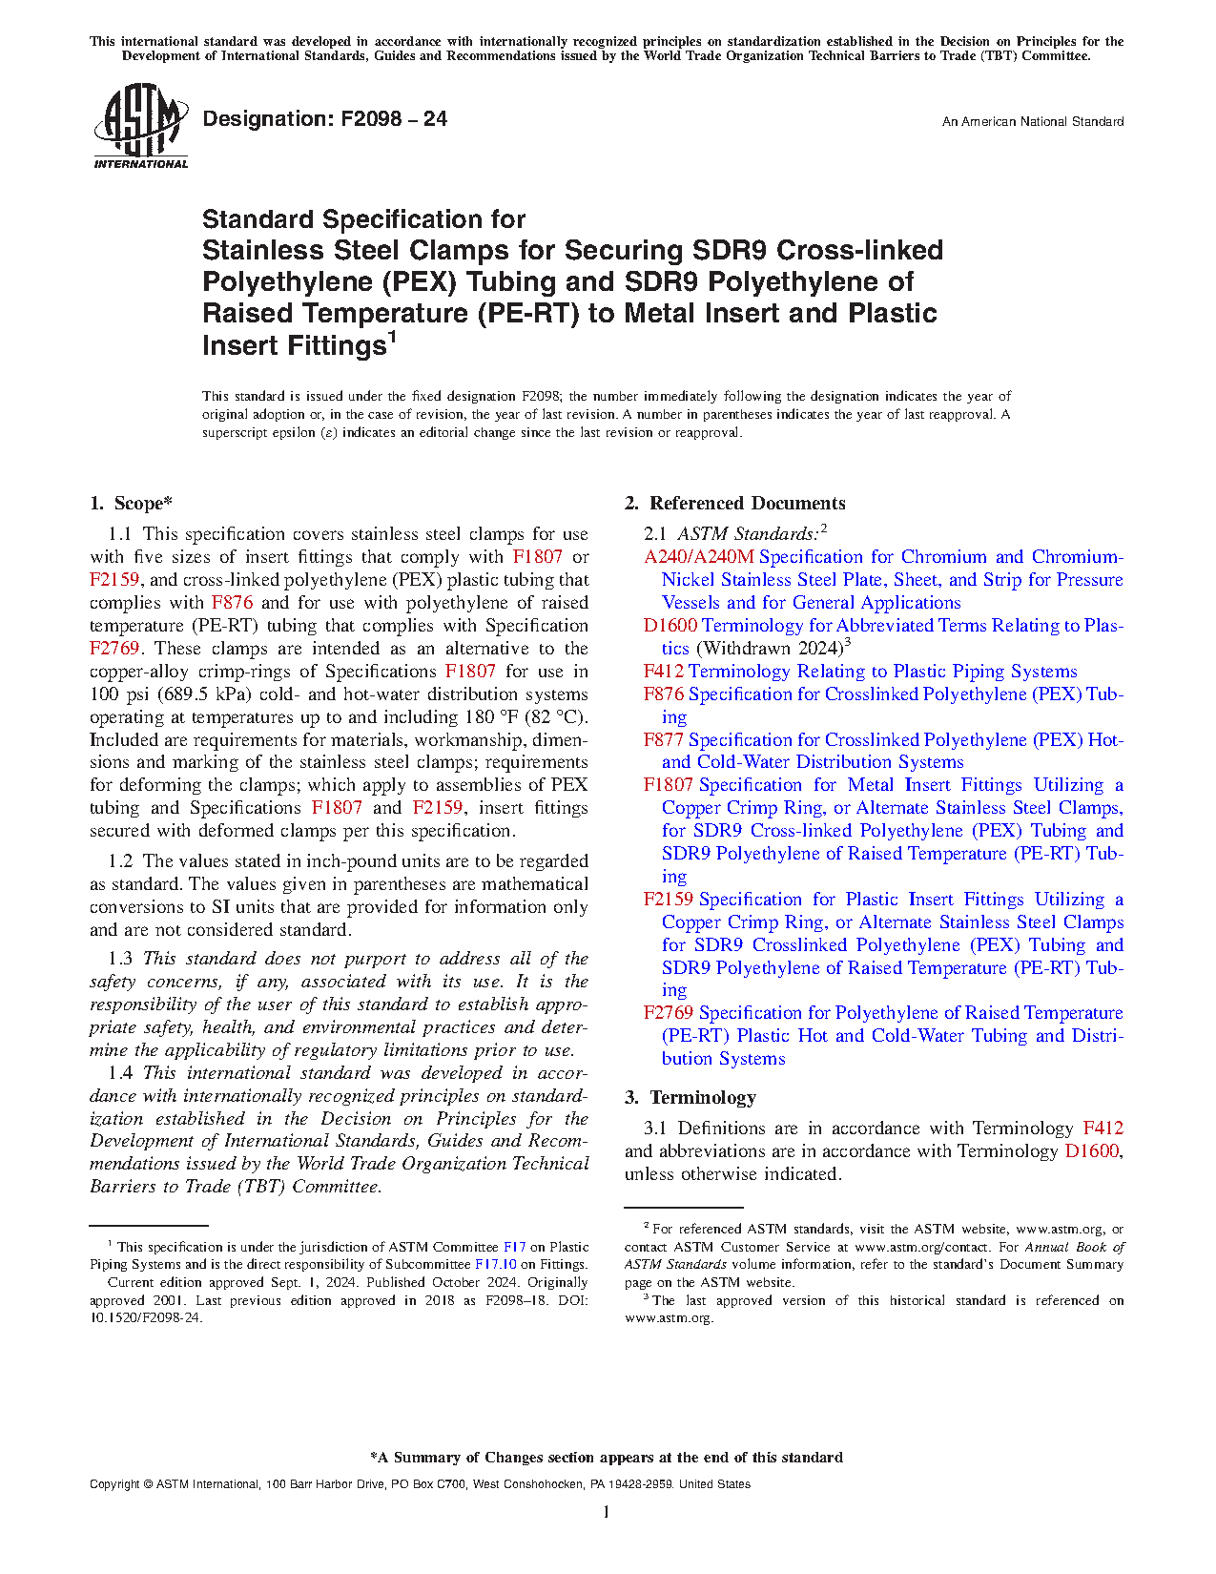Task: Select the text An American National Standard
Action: tap(1032, 122)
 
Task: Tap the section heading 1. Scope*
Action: tap(131, 504)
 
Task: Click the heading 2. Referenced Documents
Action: tap(734, 504)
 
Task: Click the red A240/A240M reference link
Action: tap(698, 557)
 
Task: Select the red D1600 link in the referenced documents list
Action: tap(670, 626)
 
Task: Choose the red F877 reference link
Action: tap(664, 740)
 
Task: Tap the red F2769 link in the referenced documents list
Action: tap(669, 1013)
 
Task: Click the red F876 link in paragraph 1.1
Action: tap(232, 603)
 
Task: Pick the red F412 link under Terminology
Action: tap(1103, 1129)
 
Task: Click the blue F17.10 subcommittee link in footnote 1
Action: tap(495, 1265)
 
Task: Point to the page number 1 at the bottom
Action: tap(607, 1512)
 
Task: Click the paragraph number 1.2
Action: tap(120, 861)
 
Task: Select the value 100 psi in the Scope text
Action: tap(120, 694)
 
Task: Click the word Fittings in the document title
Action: tap(339, 345)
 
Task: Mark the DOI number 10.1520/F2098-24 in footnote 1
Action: tap(146, 1318)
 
